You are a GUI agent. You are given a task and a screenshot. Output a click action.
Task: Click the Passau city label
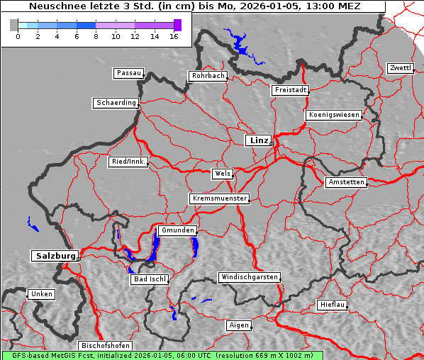click(x=128, y=73)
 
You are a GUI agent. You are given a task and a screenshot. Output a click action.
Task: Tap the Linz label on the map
click(x=258, y=140)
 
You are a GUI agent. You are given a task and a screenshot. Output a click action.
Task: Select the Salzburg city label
click(x=54, y=256)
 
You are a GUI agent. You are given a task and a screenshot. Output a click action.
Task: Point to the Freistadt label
click(x=290, y=90)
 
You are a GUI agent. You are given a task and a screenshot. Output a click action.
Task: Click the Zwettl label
click(x=400, y=68)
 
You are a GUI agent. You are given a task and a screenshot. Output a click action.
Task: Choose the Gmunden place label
click(x=177, y=231)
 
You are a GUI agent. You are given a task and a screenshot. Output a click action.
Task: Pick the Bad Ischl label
click(x=150, y=279)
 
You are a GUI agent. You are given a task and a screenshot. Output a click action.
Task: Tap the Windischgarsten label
click(x=248, y=277)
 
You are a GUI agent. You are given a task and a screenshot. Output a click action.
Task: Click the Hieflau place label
click(x=333, y=305)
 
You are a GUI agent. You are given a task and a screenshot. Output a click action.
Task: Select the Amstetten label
click(x=345, y=182)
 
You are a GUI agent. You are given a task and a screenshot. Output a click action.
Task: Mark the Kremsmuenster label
click(x=219, y=198)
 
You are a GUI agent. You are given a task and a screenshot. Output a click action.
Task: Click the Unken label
click(x=41, y=293)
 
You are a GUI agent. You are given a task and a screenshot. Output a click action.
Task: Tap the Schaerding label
click(x=116, y=103)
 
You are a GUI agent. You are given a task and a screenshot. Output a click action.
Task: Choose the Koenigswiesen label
click(x=334, y=115)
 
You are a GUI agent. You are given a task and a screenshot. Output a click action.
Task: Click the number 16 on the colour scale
click(x=174, y=36)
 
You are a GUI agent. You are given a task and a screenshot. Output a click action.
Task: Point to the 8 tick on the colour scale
click(x=96, y=36)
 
